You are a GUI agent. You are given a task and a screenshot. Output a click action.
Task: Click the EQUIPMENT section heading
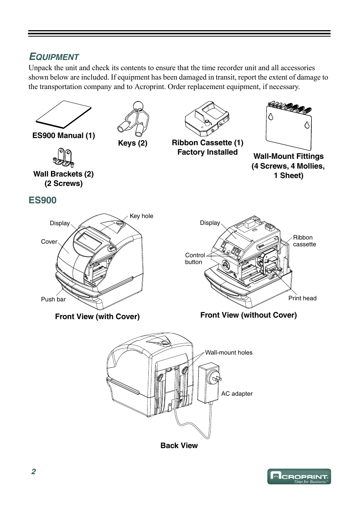pyautogui.click(x=54, y=57)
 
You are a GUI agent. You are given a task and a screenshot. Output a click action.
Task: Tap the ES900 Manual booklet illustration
pyautogui.click(x=64, y=114)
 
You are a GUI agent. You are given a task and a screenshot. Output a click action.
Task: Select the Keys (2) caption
pyautogui.click(x=132, y=143)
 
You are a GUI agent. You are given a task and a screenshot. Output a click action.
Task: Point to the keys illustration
pyautogui.click(x=134, y=118)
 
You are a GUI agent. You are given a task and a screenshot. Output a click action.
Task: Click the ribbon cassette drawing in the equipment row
pyautogui.click(x=207, y=118)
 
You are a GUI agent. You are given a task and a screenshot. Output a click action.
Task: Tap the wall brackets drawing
pyautogui.click(x=64, y=158)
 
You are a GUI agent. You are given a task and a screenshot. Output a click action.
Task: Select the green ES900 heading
pyautogui.click(x=43, y=200)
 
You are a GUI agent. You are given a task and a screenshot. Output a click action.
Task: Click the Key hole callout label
pyautogui.click(x=141, y=216)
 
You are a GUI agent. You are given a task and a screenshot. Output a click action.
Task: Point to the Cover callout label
pyautogui.click(x=49, y=242)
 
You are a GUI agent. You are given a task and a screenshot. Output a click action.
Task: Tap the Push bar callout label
pyautogui.click(x=53, y=300)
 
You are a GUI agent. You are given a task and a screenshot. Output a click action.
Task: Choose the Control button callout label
pyautogui.click(x=195, y=259)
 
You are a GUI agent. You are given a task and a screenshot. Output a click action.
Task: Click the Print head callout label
pyautogui.click(x=302, y=298)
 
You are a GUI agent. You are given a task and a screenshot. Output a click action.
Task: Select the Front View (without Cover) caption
pyautogui.click(x=248, y=315)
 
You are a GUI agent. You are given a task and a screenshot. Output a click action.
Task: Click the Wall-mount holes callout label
pyautogui.click(x=229, y=353)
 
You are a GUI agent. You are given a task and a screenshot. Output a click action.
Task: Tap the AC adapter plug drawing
pyautogui.click(x=209, y=382)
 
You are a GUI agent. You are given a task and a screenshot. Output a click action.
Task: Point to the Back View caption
pyautogui.click(x=179, y=446)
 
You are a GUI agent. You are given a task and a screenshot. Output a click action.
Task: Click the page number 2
pyautogui.click(x=34, y=472)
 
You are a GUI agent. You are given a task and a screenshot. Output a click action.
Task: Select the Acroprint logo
pyautogui.click(x=299, y=476)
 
